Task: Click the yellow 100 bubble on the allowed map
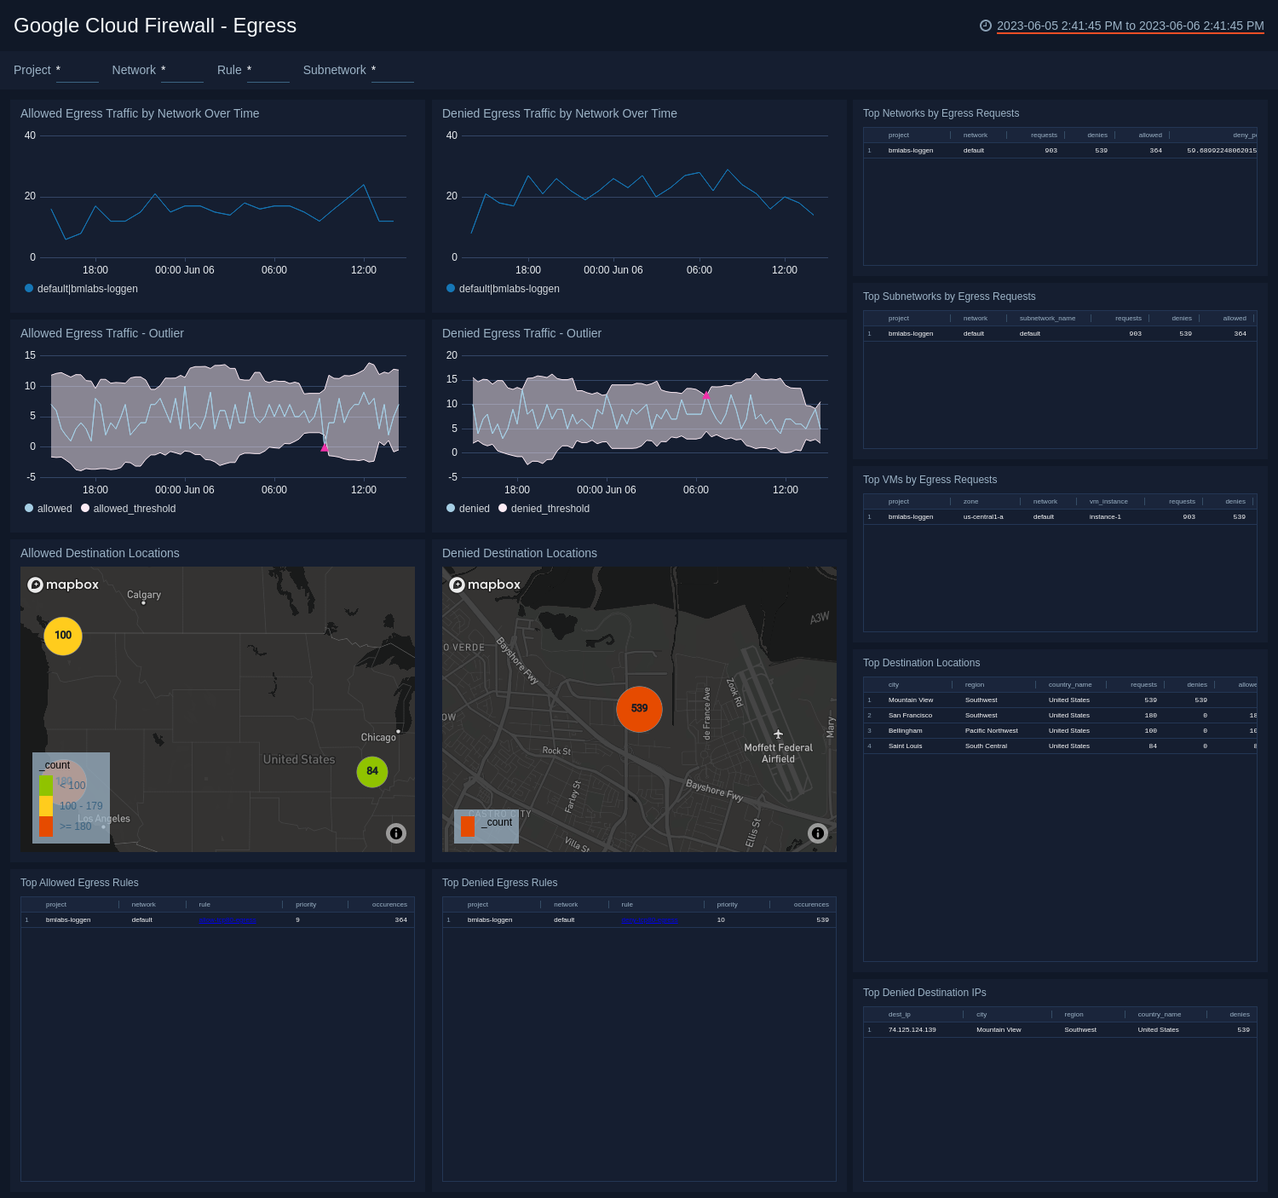[63, 636]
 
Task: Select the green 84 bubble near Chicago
[372, 771]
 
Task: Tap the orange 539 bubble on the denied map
[639, 709]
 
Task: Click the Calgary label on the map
[144, 595]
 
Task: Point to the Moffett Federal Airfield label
[778, 753]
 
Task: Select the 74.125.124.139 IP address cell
[912, 1030]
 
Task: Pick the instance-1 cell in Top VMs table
[1105, 517]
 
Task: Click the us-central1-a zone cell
[983, 517]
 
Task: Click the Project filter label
[32, 71]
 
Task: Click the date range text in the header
[1130, 26]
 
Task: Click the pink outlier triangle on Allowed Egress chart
[324, 447]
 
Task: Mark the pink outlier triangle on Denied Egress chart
[706, 395]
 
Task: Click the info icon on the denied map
[817, 833]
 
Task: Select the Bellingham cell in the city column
[905, 731]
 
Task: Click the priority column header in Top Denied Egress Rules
[727, 905]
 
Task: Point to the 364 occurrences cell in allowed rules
[400, 920]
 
